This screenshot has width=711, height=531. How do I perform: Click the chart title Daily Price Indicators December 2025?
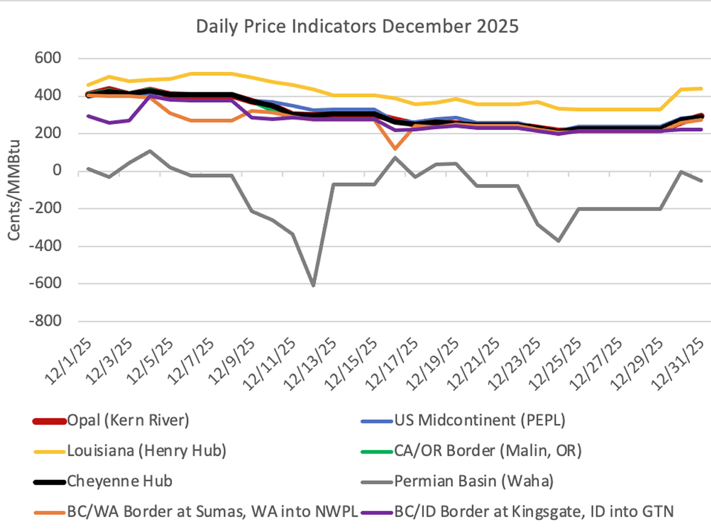[357, 27]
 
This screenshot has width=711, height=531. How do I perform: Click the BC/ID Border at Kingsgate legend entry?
[533, 511]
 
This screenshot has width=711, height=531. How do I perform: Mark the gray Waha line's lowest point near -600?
[313, 285]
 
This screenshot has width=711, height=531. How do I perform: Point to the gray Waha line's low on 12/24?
[559, 240]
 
